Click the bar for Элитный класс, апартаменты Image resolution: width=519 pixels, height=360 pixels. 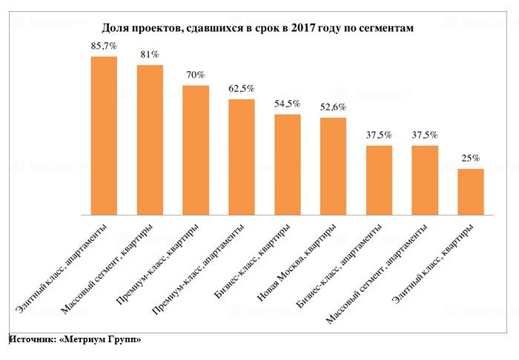coord(104,136)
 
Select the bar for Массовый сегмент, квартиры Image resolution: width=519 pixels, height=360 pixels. coord(150,140)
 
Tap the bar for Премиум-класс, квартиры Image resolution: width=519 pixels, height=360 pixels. coord(196,150)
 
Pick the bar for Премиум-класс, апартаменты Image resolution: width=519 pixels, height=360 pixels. coord(242,157)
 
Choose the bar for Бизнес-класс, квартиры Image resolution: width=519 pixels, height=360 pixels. coord(288,164)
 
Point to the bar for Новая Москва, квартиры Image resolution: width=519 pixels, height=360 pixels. coord(333,166)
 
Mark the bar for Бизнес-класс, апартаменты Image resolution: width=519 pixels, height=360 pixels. coord(379,180)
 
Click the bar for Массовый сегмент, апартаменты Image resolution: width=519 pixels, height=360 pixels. coord(425,180)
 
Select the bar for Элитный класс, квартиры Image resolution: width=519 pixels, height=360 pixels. coord(471,192)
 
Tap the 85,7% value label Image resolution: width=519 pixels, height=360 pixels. coord(104,45)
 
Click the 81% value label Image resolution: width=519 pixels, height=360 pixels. coord(150,54)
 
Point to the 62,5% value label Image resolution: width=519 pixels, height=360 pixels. coord(242,88)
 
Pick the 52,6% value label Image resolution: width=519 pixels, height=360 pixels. coord(333,107)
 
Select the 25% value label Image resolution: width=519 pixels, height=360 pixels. coord(471,158)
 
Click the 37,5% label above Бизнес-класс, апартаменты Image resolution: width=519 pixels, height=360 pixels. coord(379,135)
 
